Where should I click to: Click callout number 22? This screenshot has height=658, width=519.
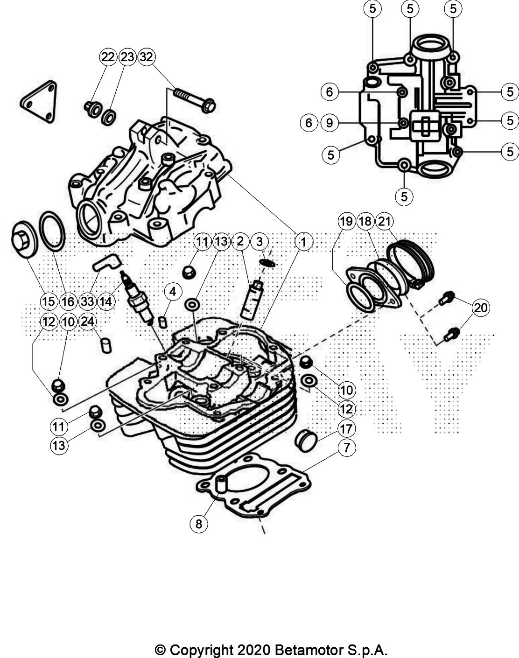coord(107,57)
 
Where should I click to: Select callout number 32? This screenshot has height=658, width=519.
coord(146,57)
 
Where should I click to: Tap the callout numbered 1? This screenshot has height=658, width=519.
coord(303,242)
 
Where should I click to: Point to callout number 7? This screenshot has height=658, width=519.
coord(346,448)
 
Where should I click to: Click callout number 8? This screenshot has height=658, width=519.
coord(199,524)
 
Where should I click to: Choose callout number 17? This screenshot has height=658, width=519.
coord(346,428)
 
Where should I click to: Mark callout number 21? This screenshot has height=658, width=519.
coord(384,221)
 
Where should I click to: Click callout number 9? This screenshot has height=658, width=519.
coord(330,123)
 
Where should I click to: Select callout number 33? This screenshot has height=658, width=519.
coord(87,301)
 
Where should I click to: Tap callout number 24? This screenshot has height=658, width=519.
coord(87,321)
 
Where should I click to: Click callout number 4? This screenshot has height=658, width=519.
coord(173,292)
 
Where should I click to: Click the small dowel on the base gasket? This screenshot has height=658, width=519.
coord(221,484)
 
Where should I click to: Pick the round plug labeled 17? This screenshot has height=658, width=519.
coord(306,441)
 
